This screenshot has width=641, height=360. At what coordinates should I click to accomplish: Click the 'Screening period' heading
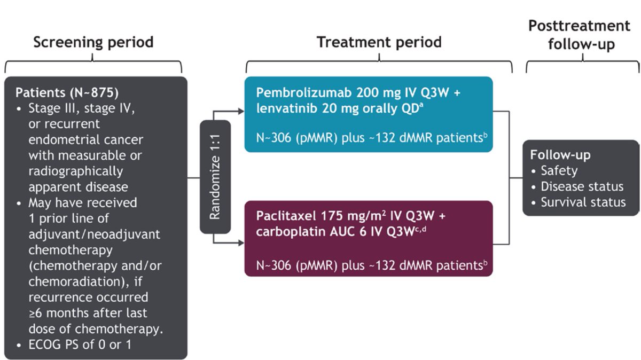click(x=93, y=42)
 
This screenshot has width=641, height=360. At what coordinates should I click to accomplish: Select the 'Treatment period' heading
click(x=379, y=42)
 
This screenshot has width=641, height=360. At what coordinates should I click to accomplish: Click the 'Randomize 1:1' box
click(x=215, y=177)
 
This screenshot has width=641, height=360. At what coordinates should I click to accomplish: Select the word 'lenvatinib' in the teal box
click(x=283, y=108)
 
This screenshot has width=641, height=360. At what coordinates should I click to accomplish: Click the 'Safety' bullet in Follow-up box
click(x=558, y=171)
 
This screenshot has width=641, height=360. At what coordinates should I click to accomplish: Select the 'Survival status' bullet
click(x=583, y=202)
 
